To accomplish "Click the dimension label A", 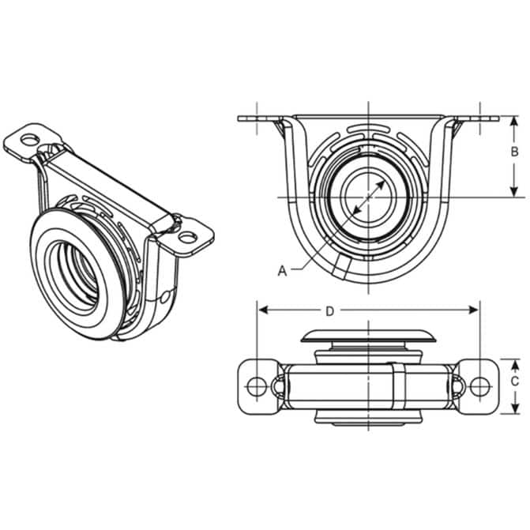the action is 282,271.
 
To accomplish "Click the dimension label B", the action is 514,152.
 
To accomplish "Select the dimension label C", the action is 514,382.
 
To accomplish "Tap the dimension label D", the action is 329,311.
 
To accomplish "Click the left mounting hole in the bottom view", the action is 257,386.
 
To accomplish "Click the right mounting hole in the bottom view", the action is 480,386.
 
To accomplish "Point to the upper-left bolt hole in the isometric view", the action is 30,139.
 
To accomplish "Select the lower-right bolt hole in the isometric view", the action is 188,237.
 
